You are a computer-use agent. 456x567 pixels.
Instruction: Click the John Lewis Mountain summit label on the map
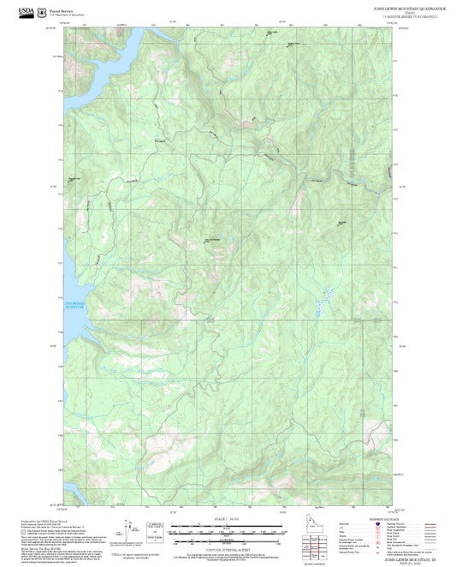click(x=211, y=239)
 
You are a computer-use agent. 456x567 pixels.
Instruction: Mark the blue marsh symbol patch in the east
click(x=323, y=301)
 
